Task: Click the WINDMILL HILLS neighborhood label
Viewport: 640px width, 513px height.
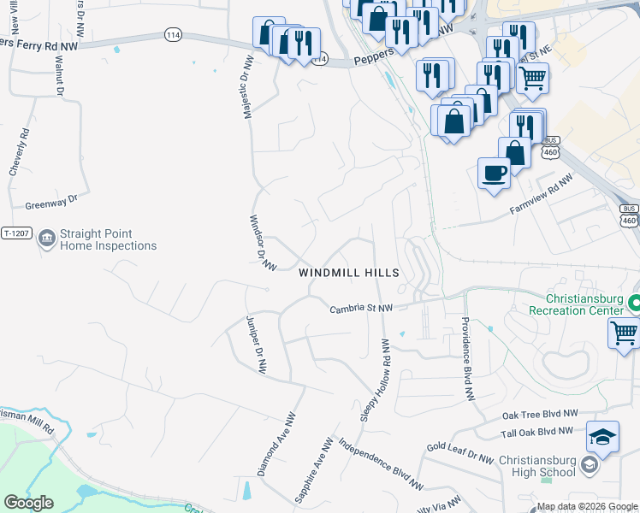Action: click(x=348, y=273)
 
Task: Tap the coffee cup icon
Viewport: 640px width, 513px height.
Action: click(x=494, y=174)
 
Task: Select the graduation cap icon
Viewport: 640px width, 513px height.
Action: click(x=602, y=438)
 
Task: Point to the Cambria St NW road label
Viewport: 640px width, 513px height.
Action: click(x=361, y=308)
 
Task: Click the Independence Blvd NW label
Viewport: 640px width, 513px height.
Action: click(x=381, y=464)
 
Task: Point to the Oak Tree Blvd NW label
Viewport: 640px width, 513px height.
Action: click(x=540, y=414)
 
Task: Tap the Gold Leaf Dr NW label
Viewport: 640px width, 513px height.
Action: click(x=460, y=453)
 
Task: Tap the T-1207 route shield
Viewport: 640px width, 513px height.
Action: click(x=17, y=233)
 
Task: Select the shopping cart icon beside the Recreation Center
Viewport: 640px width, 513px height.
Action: click(x=625, y=332)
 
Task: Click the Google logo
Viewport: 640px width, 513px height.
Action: click(x=27, y=503)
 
